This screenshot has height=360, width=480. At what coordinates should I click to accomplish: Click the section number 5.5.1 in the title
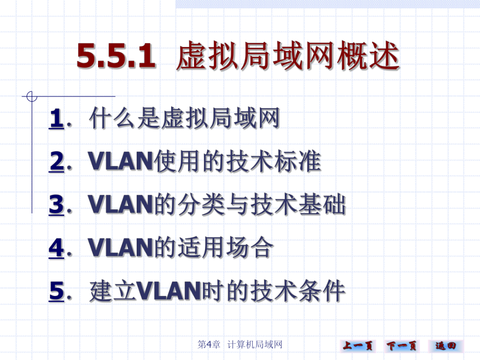click(x=116, y=56)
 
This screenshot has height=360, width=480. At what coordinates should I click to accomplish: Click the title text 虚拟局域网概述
click(x=287, y=56)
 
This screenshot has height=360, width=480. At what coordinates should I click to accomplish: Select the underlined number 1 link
click(x=56, y=118)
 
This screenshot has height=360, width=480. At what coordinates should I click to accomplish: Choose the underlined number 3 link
click(x=56, y=205)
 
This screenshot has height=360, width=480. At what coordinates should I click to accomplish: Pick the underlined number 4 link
click(x=56, y=248)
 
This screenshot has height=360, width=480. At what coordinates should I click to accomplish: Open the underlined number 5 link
click(x=56, y=291)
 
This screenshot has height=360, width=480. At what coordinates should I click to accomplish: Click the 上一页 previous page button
click(x=358, y=345)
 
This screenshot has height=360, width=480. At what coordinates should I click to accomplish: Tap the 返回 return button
click(x=446, y=345)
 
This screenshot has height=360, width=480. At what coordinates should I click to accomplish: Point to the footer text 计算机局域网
click(x=255, y=345)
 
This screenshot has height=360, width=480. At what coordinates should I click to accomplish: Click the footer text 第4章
click(x=209, y=345)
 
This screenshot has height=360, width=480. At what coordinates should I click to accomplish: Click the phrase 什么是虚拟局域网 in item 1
click(x=185, y=118)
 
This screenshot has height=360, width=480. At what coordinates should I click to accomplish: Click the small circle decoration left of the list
click(x=32, y=97)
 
